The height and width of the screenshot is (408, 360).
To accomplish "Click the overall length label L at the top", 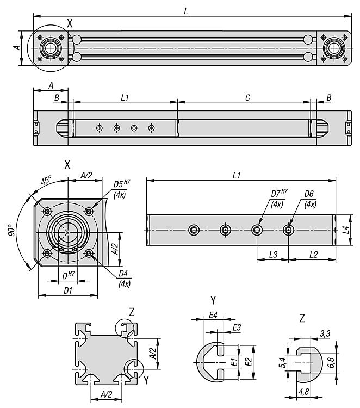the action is coord(186,11).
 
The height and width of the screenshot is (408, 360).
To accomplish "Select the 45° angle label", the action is coord(46,180).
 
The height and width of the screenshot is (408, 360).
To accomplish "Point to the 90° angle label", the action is coord(11,230).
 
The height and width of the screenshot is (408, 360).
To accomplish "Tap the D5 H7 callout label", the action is coord(122,183).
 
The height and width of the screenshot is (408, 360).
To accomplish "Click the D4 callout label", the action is coord(123,274).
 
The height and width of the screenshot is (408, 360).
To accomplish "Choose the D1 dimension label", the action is coord(68,290).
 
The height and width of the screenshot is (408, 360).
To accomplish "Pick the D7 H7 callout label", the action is coord(280,193).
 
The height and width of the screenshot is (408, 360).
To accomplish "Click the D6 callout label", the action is coord(309,194).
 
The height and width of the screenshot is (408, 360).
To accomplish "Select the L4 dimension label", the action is coord(346,230).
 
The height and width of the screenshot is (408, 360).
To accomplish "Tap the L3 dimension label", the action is coord(273,255).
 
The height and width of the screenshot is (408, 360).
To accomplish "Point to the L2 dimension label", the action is coord(313,255).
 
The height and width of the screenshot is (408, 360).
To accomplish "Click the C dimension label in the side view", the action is coord(247,97).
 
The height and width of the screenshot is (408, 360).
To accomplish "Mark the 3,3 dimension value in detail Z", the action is coord(325,333).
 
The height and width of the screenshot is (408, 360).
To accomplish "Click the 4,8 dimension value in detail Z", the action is coord(303,392).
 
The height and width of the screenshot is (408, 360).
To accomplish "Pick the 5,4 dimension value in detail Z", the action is coord(282,362).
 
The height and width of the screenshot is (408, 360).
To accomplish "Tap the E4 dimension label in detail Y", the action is coord(213,315).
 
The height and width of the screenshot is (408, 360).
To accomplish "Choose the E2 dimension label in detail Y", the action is coord(249,362).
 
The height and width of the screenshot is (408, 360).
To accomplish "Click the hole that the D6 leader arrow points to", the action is coord(288,230).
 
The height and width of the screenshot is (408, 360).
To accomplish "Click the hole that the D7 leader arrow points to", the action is coord(257,230).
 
